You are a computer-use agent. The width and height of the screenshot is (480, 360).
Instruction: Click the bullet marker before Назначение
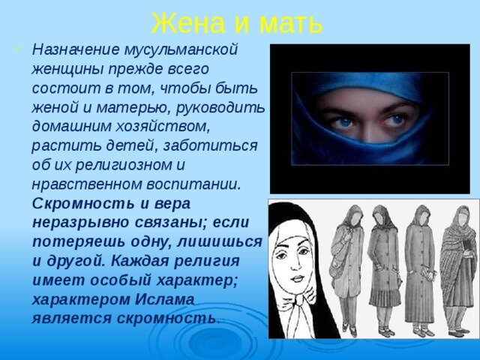click(x=20, y=50)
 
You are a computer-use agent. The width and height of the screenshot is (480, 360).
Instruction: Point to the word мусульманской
click(x=189, y=50)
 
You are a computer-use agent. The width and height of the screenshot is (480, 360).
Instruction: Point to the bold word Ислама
click(x=164, y=298)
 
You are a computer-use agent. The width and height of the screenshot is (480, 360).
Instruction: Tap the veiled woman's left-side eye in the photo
click(x=342, y=121)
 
